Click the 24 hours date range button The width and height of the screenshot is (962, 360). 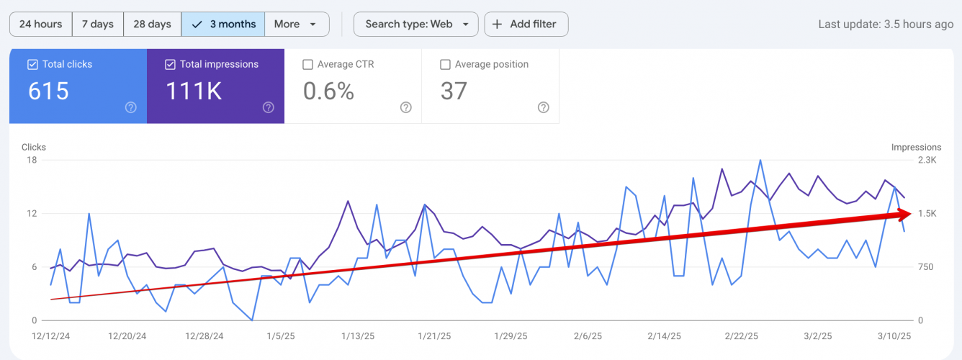tap(40, 24)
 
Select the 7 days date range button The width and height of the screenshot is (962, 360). tap(98, 24)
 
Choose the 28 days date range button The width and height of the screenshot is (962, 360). tap(152, 24)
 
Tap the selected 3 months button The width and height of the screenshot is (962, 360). tap(223, 24)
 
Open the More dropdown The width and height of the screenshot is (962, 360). tap(296, 24)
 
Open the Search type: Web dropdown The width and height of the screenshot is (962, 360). tap(415, 24)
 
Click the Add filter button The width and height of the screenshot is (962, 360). tap(526, 24)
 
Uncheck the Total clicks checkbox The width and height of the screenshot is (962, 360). tap(32, 65)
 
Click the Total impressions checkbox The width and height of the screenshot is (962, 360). tap(170, 65)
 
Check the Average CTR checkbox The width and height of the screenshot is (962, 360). tap(307, 65)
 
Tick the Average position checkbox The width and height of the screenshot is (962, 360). tap(445, 65)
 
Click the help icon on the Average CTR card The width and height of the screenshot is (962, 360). tap(406, 107)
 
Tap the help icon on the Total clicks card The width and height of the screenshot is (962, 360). tap(131, 107)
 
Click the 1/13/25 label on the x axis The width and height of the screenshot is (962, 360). tap(358, 336)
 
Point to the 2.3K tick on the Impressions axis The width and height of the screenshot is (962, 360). tap(925, 160)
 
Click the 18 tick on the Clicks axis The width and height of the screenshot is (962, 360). tap(31, 160)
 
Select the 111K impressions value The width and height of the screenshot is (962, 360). tap(194, 91)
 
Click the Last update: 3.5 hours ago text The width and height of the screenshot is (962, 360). tap(886, 24)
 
